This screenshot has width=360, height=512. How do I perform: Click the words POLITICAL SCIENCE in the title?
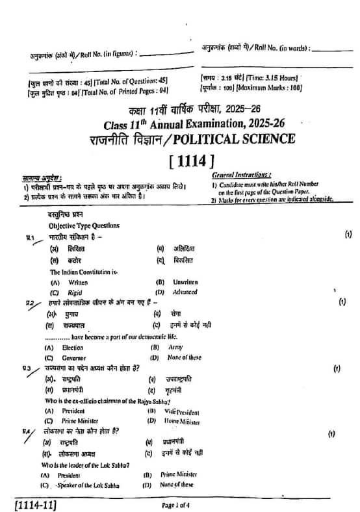pos(240,138)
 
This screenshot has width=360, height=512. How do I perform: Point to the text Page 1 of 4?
pos(177,504)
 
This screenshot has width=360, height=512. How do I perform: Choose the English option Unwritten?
pos(185,282)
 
